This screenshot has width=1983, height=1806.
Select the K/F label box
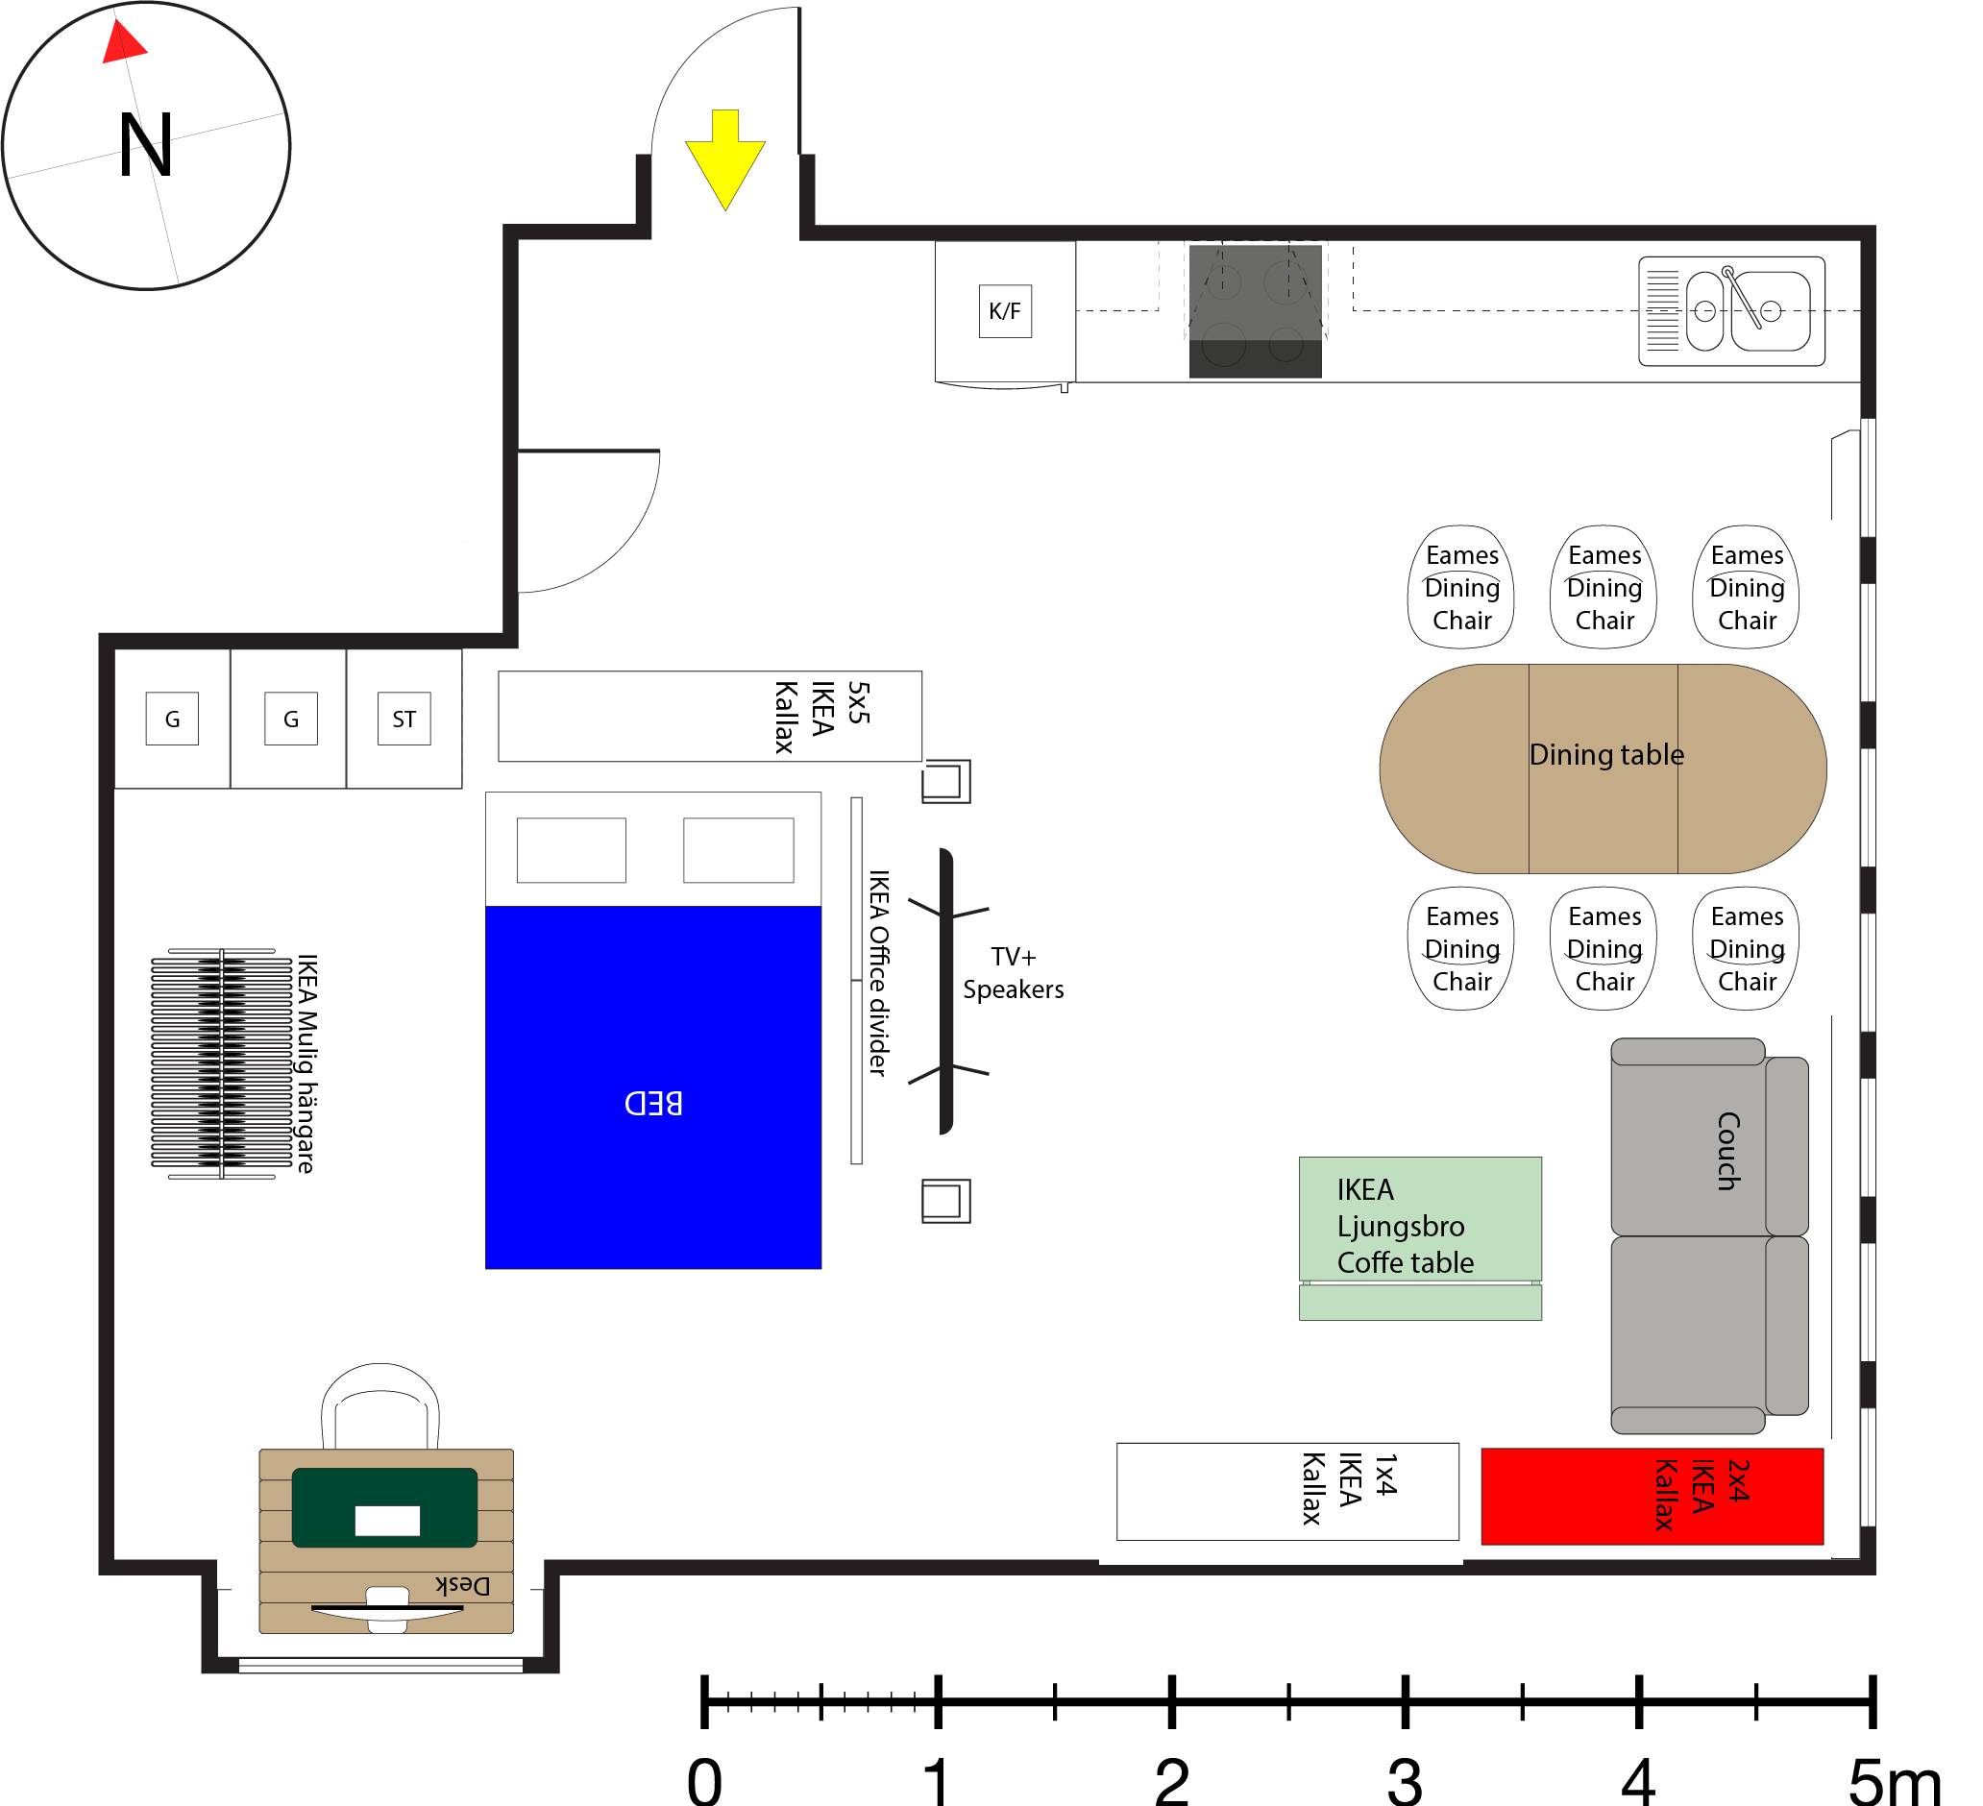click(1005, 312)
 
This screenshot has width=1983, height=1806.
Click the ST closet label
click(404, 720)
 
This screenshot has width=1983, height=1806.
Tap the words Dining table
click(1606, 755)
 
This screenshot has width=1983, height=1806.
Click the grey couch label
click(1728, 1151)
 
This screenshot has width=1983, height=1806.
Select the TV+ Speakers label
click(1014, 974)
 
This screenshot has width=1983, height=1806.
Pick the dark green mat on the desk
click(384, 1507)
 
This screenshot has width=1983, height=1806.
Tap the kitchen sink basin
click(1771, 312)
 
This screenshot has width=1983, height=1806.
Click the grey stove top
click(1255, 295)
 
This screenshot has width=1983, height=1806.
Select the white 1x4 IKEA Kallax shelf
click(1287, 1492)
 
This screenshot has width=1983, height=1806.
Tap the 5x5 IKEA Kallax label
click(822, 716)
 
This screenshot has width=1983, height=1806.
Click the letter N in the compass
click(146, 146)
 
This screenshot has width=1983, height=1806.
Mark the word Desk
click(462, 1586)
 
